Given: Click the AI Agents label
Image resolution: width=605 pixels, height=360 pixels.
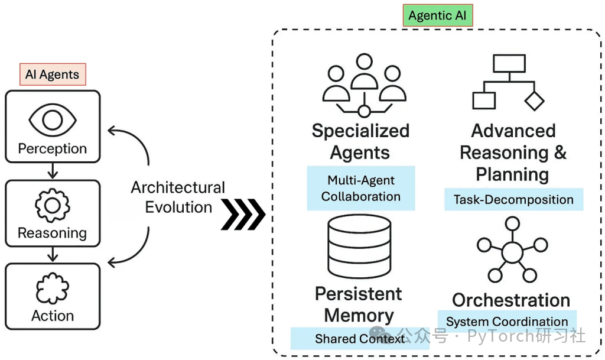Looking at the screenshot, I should (x=53, y=74).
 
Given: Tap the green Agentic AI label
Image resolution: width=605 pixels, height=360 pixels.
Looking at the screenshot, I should (x=437, y=15).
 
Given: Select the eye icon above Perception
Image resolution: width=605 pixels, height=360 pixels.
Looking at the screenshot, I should (x=53, y=120).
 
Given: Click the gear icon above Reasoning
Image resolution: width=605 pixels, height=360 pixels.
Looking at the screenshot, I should (x=53, y=205).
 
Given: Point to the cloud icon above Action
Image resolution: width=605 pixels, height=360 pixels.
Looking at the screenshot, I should (x=53, y=290).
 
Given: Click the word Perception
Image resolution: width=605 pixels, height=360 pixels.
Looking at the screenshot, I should (x=53, y=148).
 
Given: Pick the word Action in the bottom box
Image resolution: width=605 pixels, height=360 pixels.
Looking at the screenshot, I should (x=53, y=316).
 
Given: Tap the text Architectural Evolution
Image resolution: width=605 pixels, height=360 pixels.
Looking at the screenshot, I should (x=178, y=197).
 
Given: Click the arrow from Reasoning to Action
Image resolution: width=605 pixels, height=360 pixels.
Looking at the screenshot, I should (x=53, y=255).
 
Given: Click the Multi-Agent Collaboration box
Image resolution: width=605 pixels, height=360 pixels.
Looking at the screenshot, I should (x=361, y=189).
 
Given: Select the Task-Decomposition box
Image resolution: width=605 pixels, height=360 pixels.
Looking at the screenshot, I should (x=513, y=200).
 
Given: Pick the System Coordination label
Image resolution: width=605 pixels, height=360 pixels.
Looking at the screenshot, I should (x=507, y=322).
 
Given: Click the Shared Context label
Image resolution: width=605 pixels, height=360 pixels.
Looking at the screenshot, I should (x=360, y=339).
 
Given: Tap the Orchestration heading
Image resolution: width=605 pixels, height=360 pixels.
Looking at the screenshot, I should (x=511, y=300).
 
